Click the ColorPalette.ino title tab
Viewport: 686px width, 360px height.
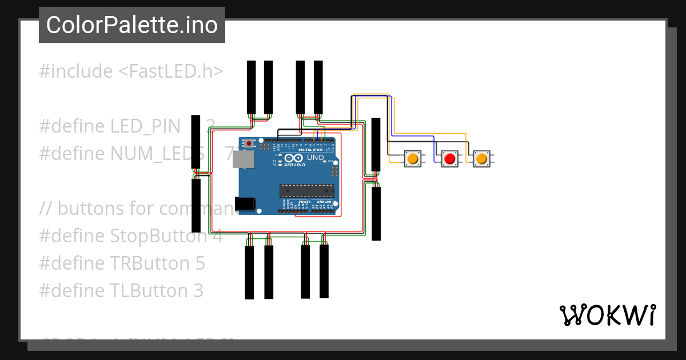[x=132, y=25]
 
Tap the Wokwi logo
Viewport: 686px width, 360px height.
[x=607, y=315]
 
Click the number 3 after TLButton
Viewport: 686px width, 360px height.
[x=198, y=291]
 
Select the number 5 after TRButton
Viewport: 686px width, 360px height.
[x=200, y=263]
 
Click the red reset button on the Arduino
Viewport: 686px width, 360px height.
[x=249, y=143]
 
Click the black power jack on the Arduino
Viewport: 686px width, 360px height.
[x=245, y=203]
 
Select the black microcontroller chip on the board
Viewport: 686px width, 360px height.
[x=306, y=190]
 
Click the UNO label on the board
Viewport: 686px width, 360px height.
[x=316, y=157]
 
